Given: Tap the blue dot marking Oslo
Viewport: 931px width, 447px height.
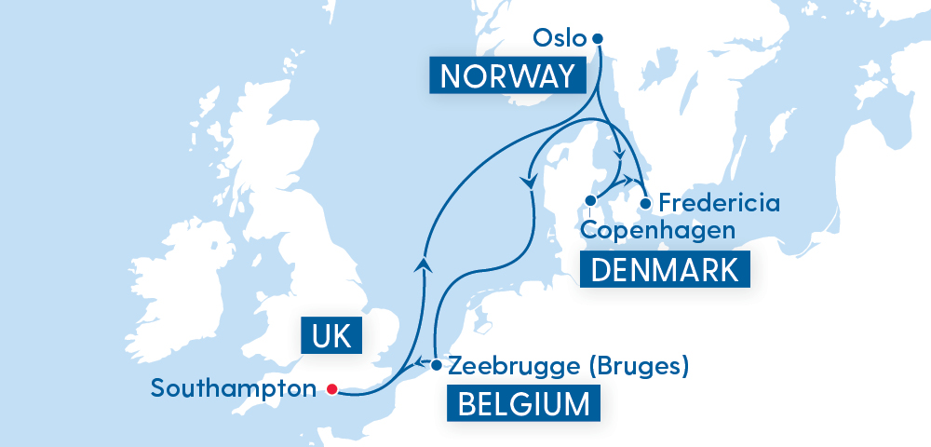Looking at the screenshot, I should tap(598, 38).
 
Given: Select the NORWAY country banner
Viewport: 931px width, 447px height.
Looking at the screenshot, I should tap(507, 75).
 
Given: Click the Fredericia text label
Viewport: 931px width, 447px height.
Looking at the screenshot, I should tap(717, 202).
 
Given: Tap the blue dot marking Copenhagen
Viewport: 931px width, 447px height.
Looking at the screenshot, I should tap(590, 200).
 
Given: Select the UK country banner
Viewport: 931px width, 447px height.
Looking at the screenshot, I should tap(331, 335).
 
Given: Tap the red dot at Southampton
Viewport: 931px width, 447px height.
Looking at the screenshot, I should tap(331, 389).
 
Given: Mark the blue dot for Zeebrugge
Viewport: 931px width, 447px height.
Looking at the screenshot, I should tap(436, 364).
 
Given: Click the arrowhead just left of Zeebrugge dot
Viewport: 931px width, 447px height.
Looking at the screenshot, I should tap(420, 363).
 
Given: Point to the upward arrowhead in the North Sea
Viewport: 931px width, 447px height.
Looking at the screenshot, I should tap(425, 264).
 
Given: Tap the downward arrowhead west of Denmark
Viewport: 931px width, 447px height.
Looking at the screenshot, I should tap(531, 183).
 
